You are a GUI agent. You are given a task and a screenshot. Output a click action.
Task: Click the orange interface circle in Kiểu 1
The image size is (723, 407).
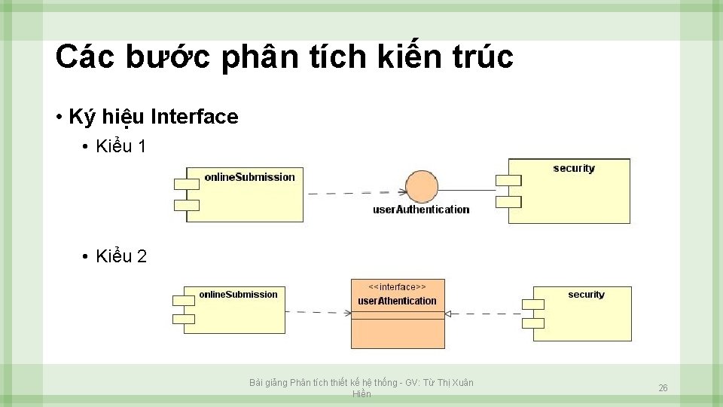click(421, 188)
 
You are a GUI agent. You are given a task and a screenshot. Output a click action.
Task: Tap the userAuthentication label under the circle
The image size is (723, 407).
click(421, 210)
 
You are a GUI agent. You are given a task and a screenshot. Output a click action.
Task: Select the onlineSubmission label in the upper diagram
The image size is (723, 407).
click(249, 177)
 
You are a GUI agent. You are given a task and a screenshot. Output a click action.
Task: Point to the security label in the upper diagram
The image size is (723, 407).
click(574, 168)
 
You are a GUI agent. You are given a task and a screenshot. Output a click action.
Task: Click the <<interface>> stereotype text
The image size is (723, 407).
click(397, 287)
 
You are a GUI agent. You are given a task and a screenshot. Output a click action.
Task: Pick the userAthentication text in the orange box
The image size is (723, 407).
click(397, 301)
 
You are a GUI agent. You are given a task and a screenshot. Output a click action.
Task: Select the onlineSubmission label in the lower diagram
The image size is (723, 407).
click(238, 295)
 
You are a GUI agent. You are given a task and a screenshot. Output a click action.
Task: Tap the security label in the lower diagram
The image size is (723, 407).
click(586, 295)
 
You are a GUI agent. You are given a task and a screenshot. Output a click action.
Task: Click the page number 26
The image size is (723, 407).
click(663, 388)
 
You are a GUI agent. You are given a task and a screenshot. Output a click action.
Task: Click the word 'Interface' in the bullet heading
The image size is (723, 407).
click(194, 118)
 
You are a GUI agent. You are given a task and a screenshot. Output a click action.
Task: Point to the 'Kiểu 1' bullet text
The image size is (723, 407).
click(121, 147)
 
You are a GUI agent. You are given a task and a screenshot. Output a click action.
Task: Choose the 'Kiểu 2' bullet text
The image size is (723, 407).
click(121, 257)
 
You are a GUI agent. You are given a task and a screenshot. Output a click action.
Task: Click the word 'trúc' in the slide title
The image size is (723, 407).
click(480, 57)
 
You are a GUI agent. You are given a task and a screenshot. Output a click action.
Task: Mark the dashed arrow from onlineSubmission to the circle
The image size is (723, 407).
click(354, 193)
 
